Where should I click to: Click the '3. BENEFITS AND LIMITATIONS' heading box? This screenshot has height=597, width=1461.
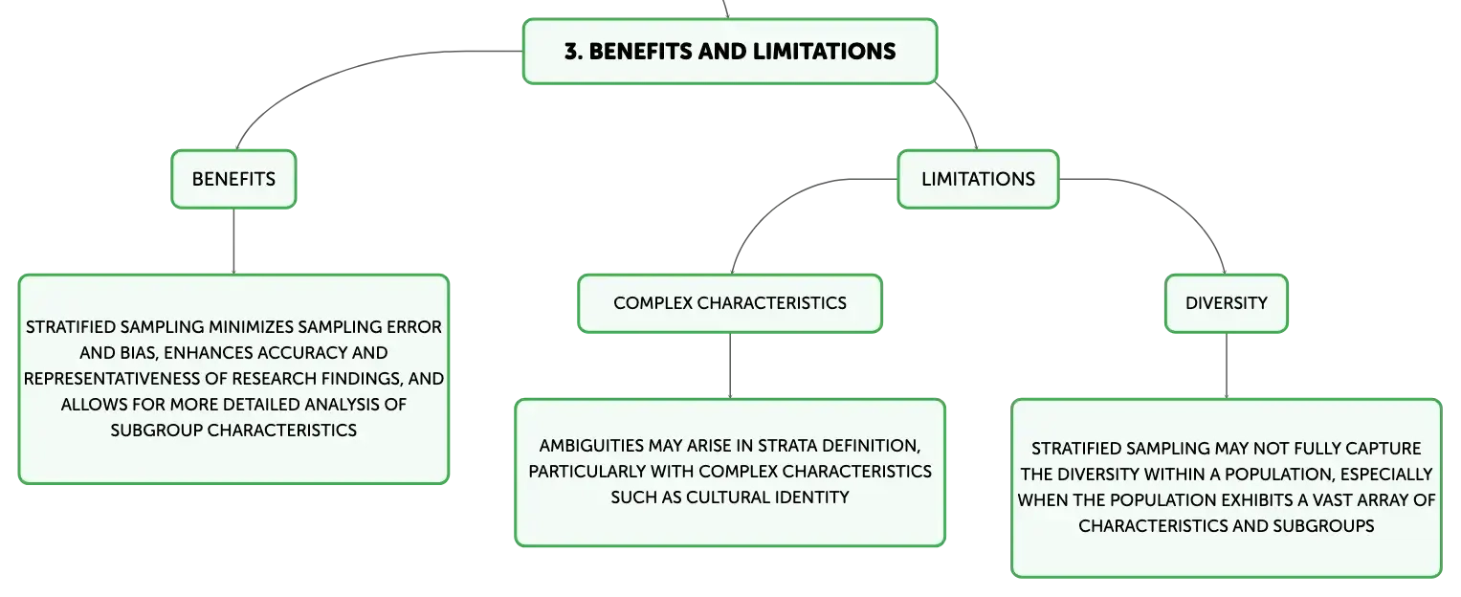point(730,52)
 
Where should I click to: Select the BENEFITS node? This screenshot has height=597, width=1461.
point(233,180)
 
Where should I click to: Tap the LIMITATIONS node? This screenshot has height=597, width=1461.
point(978,180)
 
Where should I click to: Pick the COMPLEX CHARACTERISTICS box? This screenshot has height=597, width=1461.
point(730,303)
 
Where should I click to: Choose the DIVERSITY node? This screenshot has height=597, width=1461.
point(1227,303)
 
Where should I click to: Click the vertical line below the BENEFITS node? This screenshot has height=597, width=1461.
point(233,241)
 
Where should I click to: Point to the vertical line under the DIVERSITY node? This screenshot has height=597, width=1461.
point(1227,366)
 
